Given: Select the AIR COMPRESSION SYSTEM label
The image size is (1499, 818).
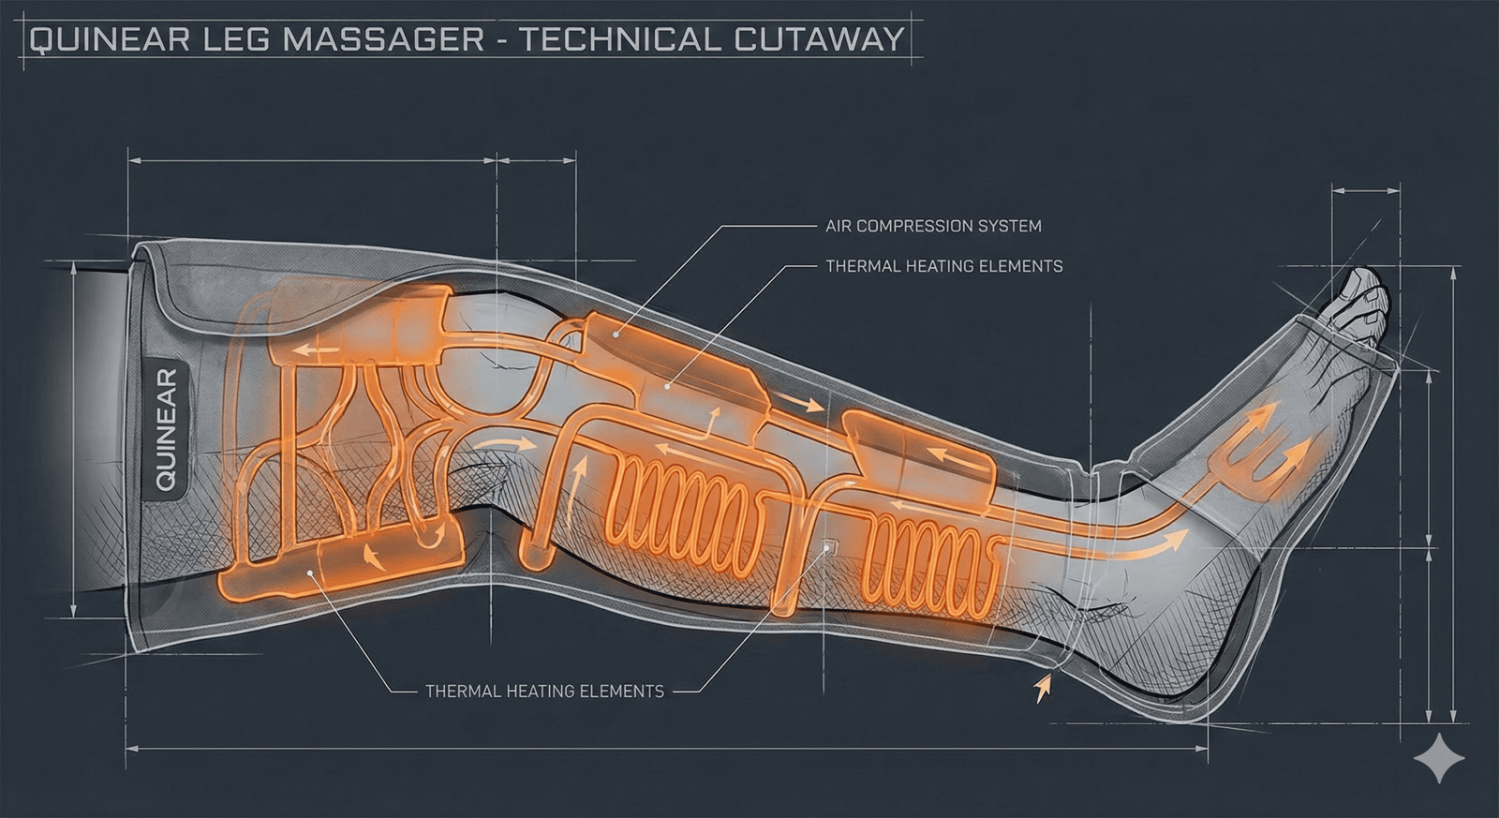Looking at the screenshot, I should click(x=932, y=226).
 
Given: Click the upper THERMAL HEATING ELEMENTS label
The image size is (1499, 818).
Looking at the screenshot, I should click(x=943, y=266).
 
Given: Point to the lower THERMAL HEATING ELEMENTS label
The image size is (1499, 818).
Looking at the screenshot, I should click(x=544, y=692).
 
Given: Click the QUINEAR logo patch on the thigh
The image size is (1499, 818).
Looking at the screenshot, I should click(x=166, y=430).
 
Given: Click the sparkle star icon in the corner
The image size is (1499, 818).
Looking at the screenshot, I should click(x=1439, y=758).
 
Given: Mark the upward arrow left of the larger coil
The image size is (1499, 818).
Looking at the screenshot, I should click(x=578, y=474).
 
